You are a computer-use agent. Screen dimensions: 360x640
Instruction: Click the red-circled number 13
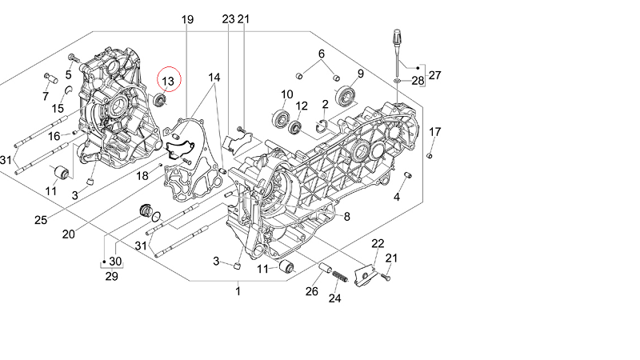(x=168, y=81)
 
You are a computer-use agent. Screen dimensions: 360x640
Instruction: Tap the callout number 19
(x=187, y=19)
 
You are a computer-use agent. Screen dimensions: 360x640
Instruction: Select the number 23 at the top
(x=228, y=19)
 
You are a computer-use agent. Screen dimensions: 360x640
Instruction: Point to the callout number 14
(x=214, y=78)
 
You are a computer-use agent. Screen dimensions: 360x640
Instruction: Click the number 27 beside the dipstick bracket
(x=434, y=76)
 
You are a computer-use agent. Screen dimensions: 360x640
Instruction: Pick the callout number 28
(x=418, y=81)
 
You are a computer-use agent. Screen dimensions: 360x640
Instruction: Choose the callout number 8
(x=347, y=216)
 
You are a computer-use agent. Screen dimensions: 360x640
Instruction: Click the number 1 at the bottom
(x=238, y=293)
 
